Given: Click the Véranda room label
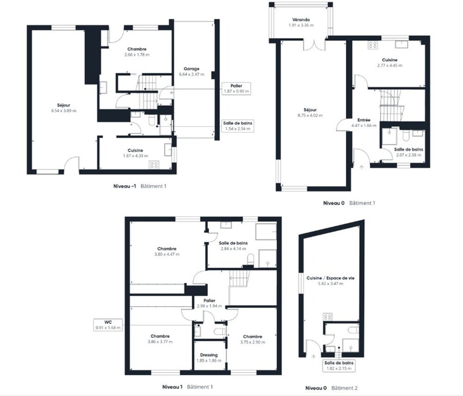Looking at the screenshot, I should click(x=300, y=20).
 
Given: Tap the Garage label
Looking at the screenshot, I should click(x=191, y=69).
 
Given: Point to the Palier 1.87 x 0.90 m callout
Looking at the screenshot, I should click(x=236, y=88).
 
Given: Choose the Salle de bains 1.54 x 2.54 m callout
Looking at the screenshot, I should click(x=236, y=126).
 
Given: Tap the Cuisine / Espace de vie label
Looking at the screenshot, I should click(x=325, y=278).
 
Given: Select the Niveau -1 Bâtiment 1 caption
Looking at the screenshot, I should click(x=139, y=186).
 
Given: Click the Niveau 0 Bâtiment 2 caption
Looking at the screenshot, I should click(x=331, y=388).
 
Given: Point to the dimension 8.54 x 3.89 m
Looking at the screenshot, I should click(x=64, y=111).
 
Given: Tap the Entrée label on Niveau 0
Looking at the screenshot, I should click(x=363, y=119).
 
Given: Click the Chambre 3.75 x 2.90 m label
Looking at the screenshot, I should click(x=253, y=337).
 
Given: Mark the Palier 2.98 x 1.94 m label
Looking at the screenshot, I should click(x=210, y=301).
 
